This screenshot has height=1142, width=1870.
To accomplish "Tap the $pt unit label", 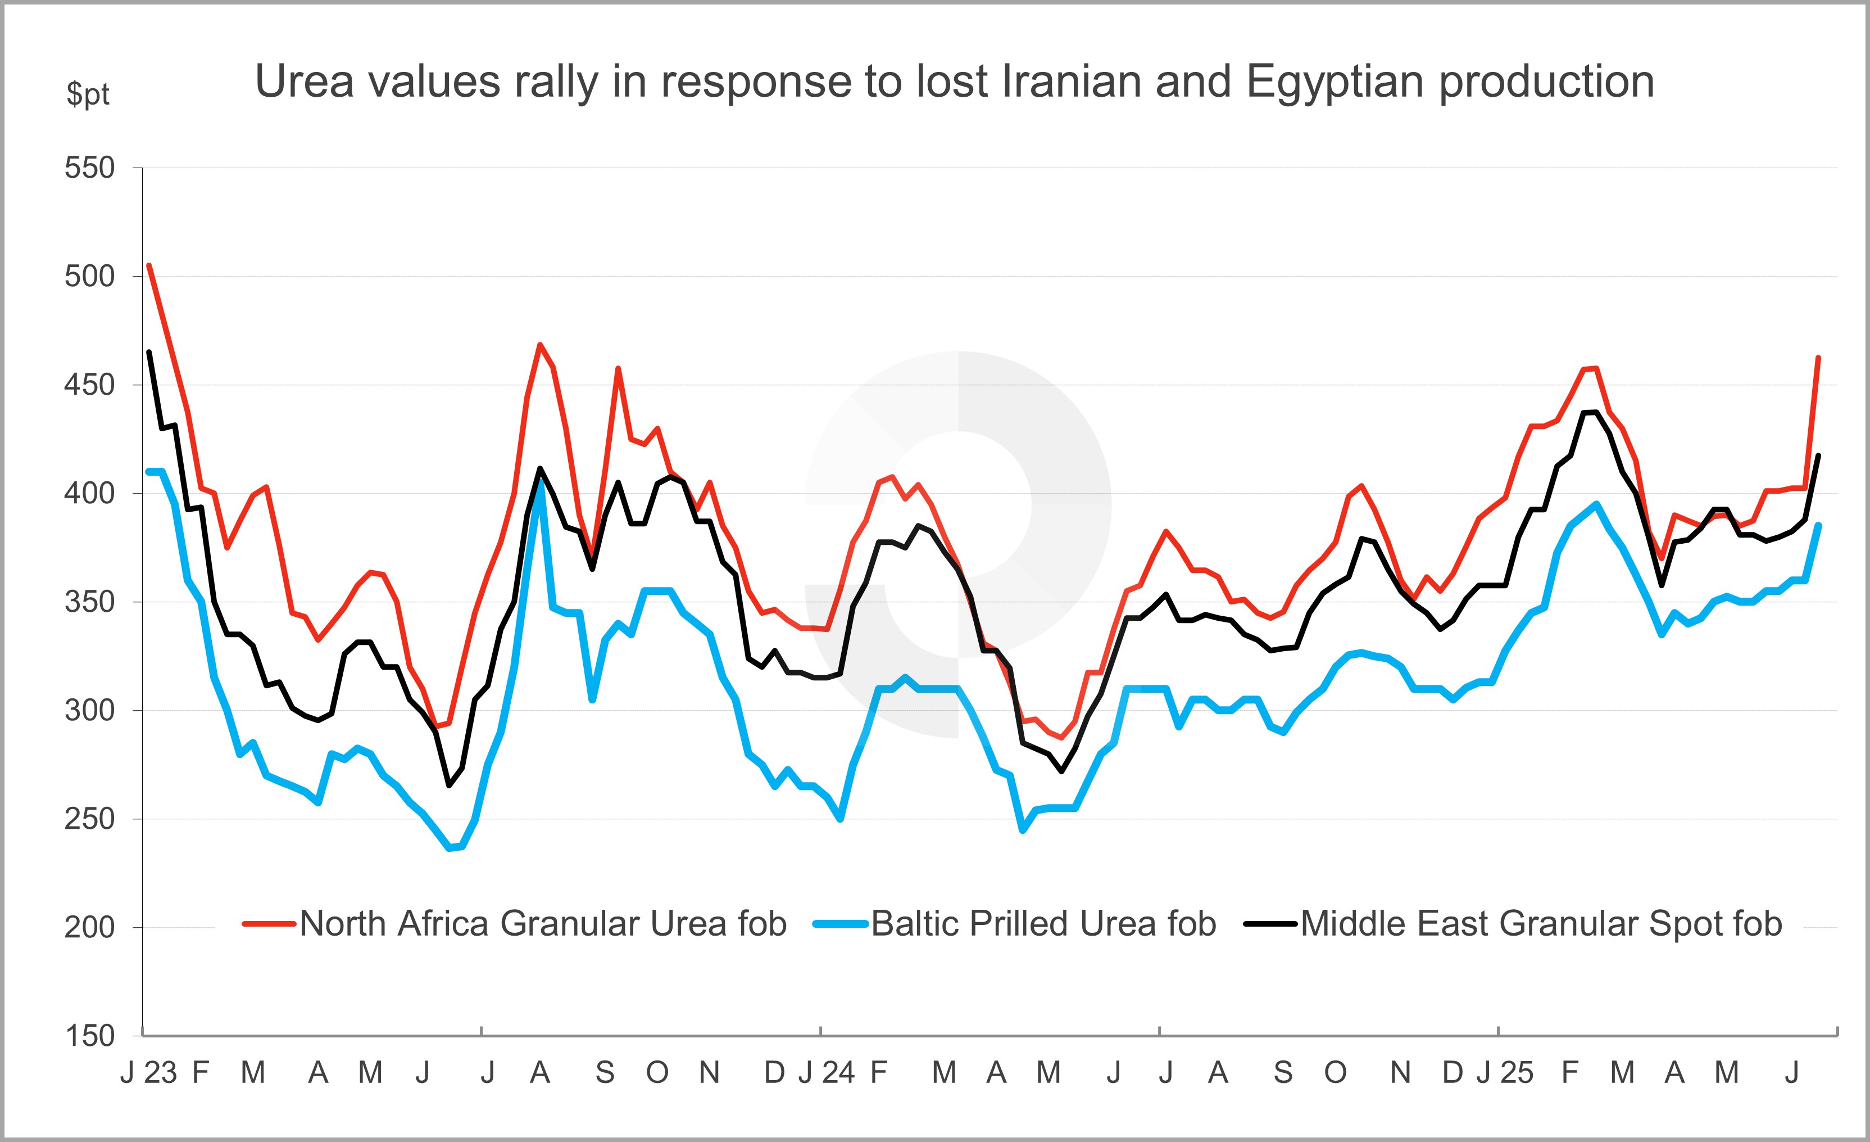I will [x=88, y=94].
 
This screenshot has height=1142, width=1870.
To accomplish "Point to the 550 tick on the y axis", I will [x=89, y=168].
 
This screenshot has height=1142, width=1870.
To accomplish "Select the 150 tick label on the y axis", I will [x=89, y=1036].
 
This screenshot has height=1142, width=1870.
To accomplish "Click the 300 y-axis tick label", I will [x=89, y=711].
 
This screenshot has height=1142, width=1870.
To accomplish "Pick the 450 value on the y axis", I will [x=89, y=385].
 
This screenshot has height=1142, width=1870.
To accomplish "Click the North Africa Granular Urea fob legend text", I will [x=543, y=924].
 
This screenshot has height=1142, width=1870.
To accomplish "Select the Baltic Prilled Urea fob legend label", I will [x=1043, y=924].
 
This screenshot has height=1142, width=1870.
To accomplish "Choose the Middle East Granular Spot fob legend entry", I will [x=1541, y=924].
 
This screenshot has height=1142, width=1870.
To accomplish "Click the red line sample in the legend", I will [x=269, y=924].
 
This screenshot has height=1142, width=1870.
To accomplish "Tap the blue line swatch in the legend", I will [x=840, y=924].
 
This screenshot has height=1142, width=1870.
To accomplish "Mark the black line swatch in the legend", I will [x=1270, y=924].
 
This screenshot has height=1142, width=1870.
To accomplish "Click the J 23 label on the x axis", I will [x=149, y=1073].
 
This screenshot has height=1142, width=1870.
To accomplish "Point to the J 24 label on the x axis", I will [x=827, y=1073].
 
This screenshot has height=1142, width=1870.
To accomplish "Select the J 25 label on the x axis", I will [x=1504, y=1073].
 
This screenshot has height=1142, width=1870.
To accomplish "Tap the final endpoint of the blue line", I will [x=1818, y=525].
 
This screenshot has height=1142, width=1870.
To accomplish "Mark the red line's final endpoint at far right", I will [x=1818, y=358].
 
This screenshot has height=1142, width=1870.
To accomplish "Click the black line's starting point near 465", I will [x=149, y=351].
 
